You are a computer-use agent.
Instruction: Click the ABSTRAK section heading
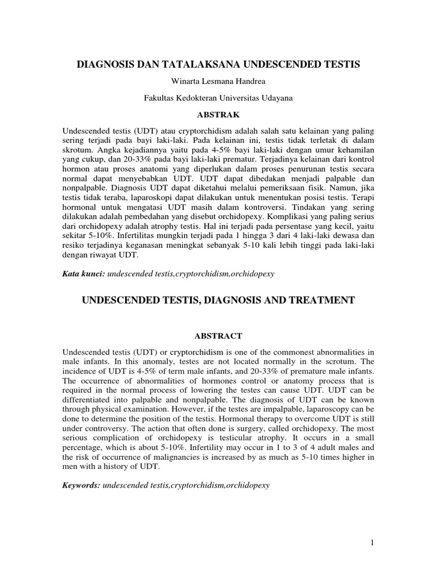218,114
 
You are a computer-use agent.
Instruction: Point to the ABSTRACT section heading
218,336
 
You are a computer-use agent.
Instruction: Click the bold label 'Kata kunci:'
83,273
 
